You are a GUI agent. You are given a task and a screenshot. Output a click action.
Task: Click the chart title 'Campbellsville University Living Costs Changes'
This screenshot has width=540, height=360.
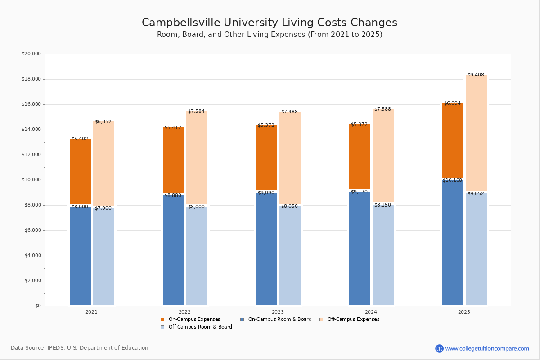pos(270,23)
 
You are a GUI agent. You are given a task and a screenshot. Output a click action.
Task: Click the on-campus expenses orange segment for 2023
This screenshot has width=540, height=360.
pos(266,157)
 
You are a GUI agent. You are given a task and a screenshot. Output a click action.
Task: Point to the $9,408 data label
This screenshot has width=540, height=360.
pos(476,75)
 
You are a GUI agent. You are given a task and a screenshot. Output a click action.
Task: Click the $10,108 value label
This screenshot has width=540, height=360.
pos(452,180)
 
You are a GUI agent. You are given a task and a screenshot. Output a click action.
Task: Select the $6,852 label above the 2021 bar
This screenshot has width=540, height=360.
pos(103,122)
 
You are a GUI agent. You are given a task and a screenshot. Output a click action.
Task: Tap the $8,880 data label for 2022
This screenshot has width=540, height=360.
pos(173,196)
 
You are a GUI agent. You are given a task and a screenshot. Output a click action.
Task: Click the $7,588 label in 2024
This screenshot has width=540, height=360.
pos(382,109)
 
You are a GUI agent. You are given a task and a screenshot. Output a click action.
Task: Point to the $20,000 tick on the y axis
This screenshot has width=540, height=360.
pos(31,54)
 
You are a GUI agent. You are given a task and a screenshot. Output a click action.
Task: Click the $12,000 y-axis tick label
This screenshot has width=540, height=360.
pos(31,155)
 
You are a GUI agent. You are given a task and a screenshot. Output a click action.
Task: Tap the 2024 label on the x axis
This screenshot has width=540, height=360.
pos(371,312)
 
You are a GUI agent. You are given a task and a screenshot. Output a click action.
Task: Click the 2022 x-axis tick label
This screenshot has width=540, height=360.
pos(184,312)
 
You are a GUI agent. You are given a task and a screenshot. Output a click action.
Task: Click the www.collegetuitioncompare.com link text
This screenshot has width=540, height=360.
pos(487,348)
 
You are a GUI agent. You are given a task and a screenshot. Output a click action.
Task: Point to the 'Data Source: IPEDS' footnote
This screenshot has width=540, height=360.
pos(80,348)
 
